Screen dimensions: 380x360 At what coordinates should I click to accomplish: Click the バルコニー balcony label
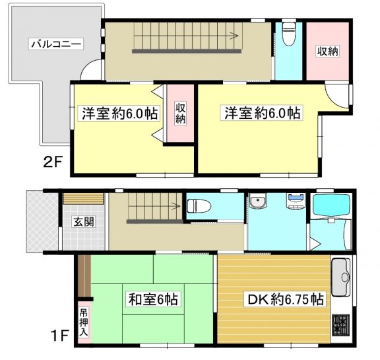point(56,44)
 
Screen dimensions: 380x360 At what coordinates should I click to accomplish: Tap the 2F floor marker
point(53,162)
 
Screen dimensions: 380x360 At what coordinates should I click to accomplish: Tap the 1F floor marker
point(59,335)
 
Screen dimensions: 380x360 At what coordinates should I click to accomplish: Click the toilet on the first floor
point(199,206)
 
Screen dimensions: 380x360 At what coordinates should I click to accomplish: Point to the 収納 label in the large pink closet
point(328,51)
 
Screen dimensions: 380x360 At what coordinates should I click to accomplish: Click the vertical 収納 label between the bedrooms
point(180,113)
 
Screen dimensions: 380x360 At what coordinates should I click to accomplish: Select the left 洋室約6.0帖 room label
point(119,113)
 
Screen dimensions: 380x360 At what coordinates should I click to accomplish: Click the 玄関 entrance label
point(84,221)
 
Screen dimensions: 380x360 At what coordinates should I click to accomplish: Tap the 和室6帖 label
point(153,299)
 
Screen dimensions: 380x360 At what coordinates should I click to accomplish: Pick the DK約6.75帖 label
point(285,299)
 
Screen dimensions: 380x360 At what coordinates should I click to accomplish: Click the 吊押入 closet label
point(84,322)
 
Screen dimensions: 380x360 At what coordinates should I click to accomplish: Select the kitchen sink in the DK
point(340,277)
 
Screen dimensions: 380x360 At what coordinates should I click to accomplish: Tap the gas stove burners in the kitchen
point(340,325)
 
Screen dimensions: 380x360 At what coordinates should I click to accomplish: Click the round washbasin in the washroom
point(258,201)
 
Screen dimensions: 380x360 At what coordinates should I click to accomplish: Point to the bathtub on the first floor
point(332,205)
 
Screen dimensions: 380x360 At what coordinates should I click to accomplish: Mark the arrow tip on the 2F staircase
point(238,36)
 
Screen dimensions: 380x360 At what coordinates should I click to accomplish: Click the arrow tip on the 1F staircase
point(180,206)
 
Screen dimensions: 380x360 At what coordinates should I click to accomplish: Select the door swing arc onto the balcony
point(87,66)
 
